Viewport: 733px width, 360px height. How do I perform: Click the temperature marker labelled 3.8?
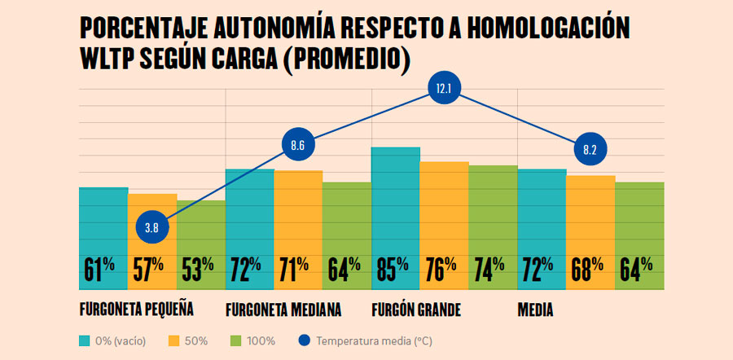pyautogui.click(x=151, y=227)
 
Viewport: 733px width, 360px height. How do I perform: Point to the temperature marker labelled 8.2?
pyautogui.click(x=590, y=150)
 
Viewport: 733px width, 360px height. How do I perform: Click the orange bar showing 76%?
pyautogui.click(x=445, y=212)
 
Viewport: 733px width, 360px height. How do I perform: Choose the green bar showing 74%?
pyautogui.click(x=494, y=212)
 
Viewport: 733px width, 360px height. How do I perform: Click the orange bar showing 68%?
pyautogui.click(x=590, y=220)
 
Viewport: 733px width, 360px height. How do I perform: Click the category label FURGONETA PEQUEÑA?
pyautogui.click(x=136, y=310)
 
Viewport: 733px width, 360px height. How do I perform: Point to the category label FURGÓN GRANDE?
pyautogui.click(x=416, y=310)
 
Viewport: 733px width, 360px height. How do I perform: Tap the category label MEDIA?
pyautogui.click(x=536, y=310)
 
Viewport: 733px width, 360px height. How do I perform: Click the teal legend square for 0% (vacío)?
pyautogui.click(x=85, y=340)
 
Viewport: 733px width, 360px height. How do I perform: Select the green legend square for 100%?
pyautogui.click(x=236, y=340)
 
